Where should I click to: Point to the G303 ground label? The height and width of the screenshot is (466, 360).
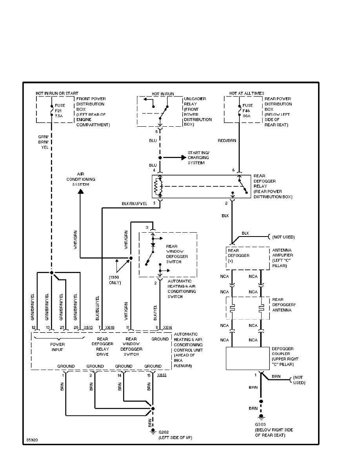261,424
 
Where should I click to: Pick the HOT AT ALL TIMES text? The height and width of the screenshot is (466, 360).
247,93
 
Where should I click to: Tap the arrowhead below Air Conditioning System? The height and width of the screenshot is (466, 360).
80,191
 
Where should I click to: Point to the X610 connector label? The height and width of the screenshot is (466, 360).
109,328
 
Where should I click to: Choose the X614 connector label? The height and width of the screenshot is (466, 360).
167,328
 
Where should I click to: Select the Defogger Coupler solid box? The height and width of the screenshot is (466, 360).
247,358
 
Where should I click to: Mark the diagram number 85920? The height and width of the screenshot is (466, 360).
33,440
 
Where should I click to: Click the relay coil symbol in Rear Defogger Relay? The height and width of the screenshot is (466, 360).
158,187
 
